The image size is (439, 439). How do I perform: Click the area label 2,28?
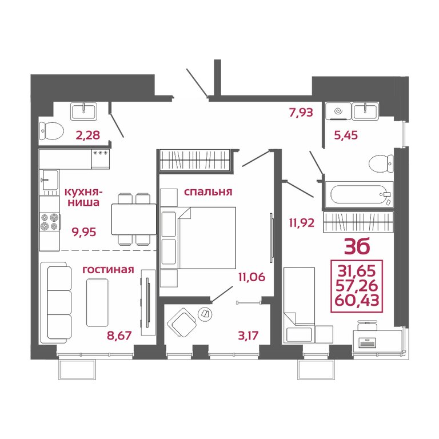coord(88,135)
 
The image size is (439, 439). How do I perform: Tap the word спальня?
coord(208,192)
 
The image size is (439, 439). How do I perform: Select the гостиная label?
coord(109,269)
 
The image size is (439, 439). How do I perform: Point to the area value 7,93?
coord(301,112)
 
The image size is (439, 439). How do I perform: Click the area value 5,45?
coord(346,135)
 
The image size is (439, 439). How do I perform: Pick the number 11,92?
coord(302,223)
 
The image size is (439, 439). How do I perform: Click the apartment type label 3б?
coord(357,246)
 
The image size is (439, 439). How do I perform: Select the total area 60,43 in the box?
coord(357,301)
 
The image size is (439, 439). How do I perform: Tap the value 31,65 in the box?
coord(357,271)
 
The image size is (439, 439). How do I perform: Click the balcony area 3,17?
coord(248,335)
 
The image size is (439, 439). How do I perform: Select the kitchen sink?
coord(49,179)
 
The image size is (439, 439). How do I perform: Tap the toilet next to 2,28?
coord(51,131)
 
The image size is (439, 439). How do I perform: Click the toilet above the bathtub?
coord(381,164)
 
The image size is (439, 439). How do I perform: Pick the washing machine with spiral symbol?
coord(338,111)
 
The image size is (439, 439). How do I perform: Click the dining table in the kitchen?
coord(134,219)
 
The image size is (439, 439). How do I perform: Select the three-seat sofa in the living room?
coord(56,302)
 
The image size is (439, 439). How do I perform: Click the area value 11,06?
coord(252,277)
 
